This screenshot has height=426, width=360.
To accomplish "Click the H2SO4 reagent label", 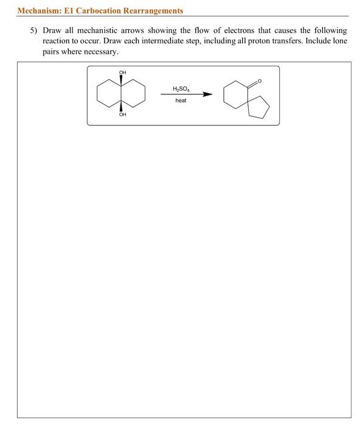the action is tap(181, 88).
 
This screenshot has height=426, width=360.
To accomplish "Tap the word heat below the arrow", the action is tap(181, 100).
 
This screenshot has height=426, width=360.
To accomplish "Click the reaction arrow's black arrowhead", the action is tap(208, 94).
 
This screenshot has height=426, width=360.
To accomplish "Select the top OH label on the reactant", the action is tap(122, 72).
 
